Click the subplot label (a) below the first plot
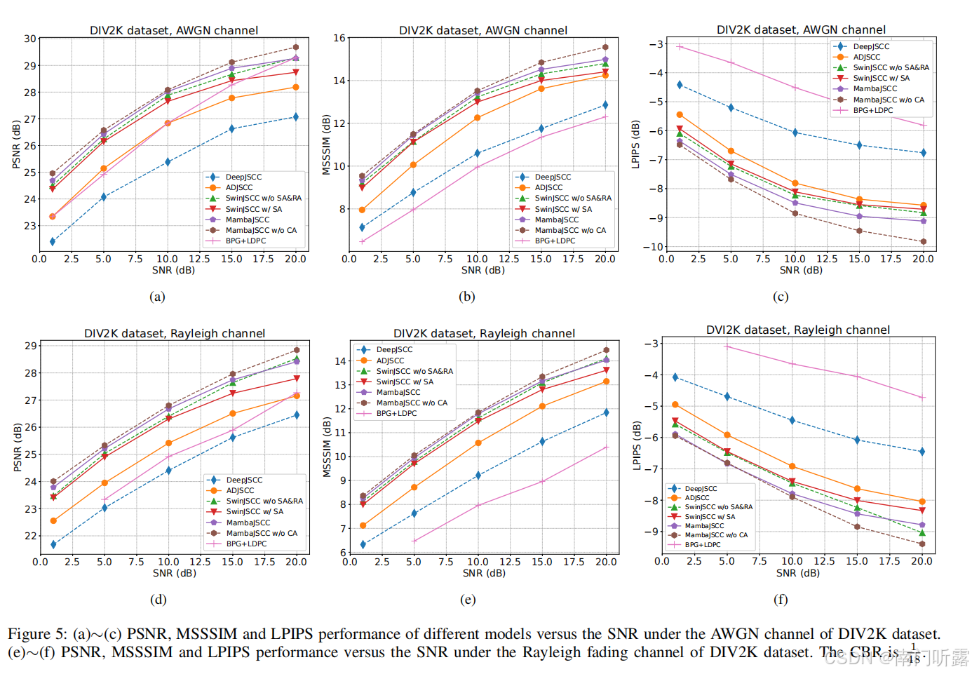[157, 297]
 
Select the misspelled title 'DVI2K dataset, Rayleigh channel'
[797, 330]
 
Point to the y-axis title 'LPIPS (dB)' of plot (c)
[635, 144]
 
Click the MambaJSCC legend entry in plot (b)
[556, 220]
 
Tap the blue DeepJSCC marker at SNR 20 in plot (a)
[296, 117]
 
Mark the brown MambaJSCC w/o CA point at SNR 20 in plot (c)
[923, 242]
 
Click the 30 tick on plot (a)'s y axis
[30, 39]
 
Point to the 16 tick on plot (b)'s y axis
[339, 38]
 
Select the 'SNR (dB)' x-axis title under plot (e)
[483, 573]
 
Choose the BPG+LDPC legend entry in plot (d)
[246, 544]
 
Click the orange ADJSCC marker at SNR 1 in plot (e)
[363, 525]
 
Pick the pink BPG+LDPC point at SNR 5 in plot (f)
[727, 346]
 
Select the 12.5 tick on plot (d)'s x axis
[200, 562]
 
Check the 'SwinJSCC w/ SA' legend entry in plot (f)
[710, 517]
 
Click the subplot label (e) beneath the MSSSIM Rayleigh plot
[468, 600]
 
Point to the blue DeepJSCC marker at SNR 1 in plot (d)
[53, 544]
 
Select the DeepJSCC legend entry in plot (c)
[871, 47]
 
